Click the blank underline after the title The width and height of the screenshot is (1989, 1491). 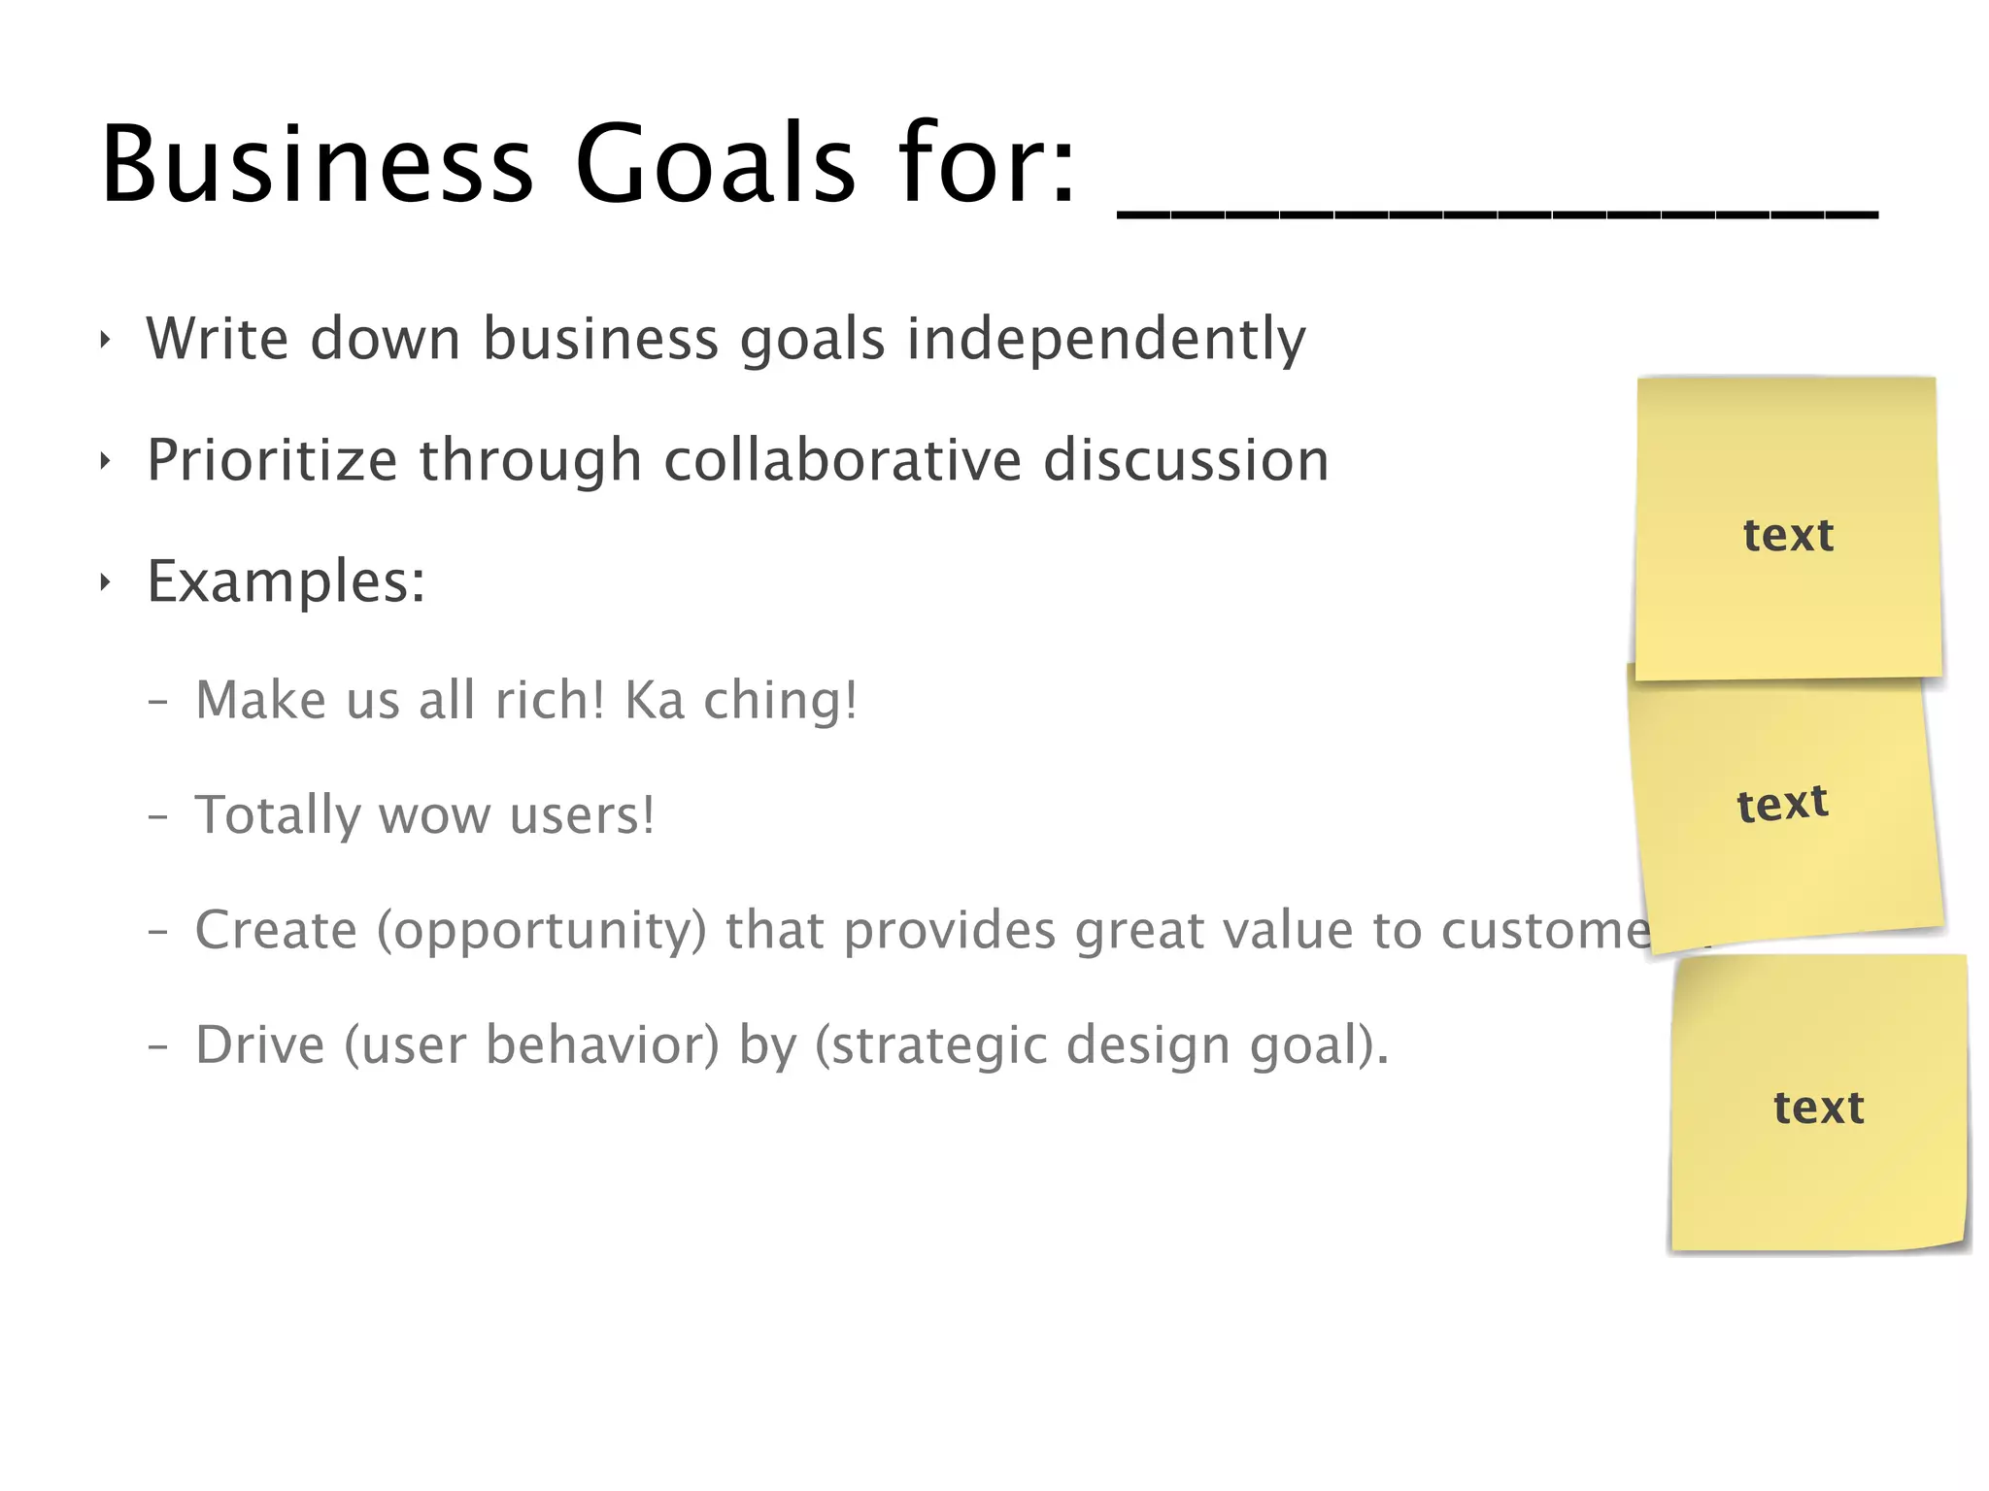click(1497, 215)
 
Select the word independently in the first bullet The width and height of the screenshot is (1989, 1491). click(1106, 339)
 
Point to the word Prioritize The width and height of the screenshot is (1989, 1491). click(272, 460)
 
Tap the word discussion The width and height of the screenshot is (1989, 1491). click(1186, 460)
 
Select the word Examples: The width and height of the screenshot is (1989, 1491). click(286, 581)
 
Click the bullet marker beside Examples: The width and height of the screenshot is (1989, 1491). click(105, 582)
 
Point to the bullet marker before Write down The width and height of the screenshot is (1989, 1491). click(105, 340)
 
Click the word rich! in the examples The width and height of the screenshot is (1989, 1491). click(550, 700)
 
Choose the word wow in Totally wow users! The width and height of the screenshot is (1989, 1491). click(434, 815)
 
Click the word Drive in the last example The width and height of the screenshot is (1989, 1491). click(260, 1044)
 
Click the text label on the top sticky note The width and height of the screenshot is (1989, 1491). click(1788, 535)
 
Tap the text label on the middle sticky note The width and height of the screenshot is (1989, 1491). click(1782, 804)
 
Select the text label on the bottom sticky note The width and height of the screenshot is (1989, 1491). click(1818, 1108)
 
